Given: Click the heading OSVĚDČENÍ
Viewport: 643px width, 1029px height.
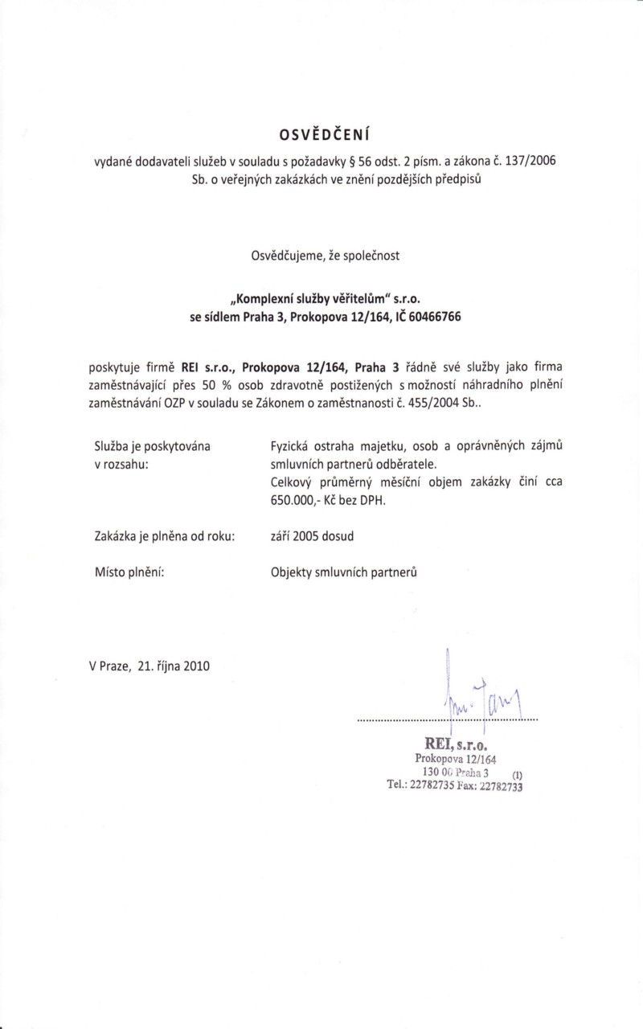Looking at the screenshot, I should [321, 131].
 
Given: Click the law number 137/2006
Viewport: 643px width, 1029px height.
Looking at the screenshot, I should [527, 160].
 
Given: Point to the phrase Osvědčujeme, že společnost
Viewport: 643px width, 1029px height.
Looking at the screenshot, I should [321, 257].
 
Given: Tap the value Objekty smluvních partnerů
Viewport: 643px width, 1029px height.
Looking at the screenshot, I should [345, 574].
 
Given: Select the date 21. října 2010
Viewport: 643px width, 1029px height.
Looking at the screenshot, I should [173, 666].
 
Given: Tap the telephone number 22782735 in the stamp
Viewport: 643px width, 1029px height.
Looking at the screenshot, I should [432, 785].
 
